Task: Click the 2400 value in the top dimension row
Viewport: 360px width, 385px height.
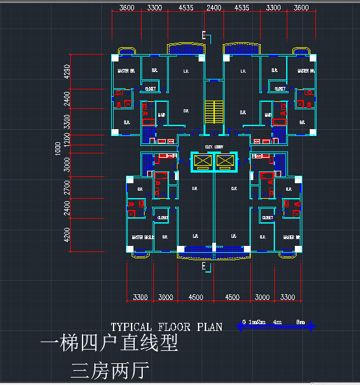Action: coord(214,8)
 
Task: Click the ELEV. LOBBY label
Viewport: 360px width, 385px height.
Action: coord(214,147)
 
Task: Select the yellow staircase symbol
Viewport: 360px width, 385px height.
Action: coord(214,111)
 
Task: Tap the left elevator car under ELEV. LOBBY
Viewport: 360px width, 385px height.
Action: coord(203,161)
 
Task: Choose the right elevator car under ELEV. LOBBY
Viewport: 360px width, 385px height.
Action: coord(225,161)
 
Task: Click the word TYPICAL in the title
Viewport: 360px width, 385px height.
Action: coord(130,327)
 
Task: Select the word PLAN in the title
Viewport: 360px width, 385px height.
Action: coord(209,327)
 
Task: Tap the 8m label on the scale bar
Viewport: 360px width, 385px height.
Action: coord(300,322)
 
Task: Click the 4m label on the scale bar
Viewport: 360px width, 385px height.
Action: coord(277,322)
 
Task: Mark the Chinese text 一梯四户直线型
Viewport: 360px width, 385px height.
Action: coord(109,343)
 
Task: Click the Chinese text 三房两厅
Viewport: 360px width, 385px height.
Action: coord(110,371)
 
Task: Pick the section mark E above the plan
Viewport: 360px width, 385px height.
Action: coord(204,34)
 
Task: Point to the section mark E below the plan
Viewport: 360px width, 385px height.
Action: coord(204,266)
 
